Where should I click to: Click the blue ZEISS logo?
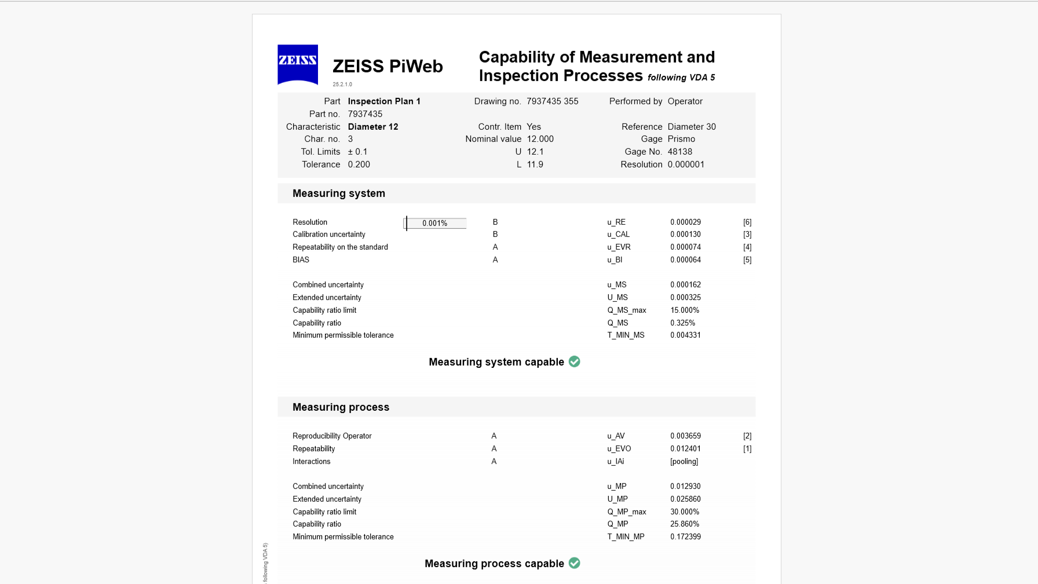[x=298, y=64]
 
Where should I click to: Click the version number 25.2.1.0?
[x=342, y=85]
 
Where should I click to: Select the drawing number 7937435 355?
[x=552, y=101]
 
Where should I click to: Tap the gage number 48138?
[x=679, y=152]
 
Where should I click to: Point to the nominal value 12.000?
[x=540, y=139]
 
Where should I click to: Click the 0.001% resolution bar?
[x=435, y=223]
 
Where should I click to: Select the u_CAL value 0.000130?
[x=685, y=235]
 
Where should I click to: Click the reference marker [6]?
[x=747, y=222]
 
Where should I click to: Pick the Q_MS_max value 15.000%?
[x=685, y=311]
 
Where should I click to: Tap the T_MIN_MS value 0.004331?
[x=685, y=335]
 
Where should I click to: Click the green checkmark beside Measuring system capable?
[x=575, y=362]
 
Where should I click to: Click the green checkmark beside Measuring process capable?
[x=575, y=563]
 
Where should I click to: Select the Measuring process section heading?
[x=341, y=407]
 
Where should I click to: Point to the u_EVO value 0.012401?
[x=685, y=449]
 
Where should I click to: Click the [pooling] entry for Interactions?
[x=684, y=462]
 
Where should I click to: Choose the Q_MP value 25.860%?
[x=685, y=524]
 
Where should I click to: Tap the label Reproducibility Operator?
[x=332, y=436]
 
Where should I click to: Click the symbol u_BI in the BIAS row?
[x=615, y=260]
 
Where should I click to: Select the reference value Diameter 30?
[x=692, y=127]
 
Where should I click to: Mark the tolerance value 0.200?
[x=359, y=165]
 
